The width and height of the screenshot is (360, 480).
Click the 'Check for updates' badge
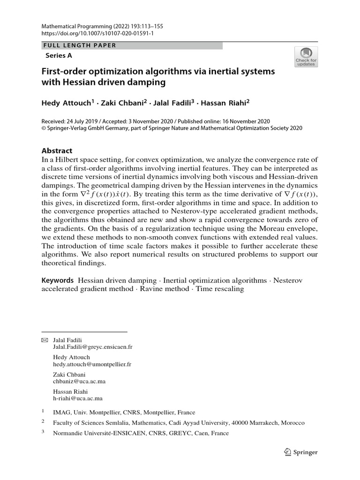[x=306, y=56]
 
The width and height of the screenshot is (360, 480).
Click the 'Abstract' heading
[x=57, y=151]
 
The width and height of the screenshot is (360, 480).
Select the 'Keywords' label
[x=58, y=280]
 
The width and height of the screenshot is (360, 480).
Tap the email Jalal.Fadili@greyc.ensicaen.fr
[x=93, y=348]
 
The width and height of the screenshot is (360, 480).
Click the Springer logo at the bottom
[x=301, y=452]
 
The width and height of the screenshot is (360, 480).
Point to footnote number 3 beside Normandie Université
[x=43, y=433]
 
